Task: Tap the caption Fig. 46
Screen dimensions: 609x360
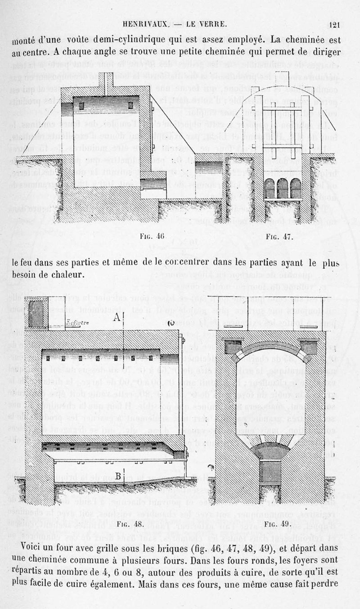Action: pos(153,236)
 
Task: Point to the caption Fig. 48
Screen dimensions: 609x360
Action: pos(130,523)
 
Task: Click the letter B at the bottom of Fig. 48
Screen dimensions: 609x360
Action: pos(118,476)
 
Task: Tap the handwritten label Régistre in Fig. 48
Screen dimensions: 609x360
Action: pos(77,322)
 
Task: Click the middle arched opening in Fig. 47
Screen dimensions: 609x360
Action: pos(282,188)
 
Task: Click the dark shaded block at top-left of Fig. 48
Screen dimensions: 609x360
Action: pos(36,314)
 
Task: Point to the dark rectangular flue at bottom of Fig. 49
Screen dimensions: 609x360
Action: pos(270,471)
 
